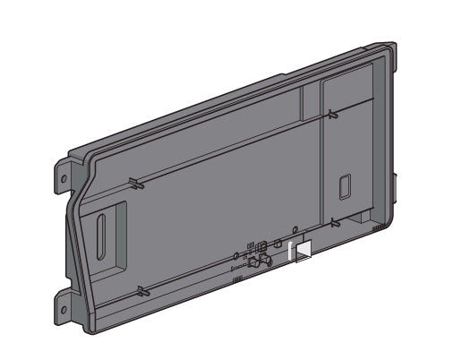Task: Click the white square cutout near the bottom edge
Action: pos(303,252)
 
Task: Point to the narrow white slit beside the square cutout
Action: pos(291,253)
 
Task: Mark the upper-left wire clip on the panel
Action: pos(133,184)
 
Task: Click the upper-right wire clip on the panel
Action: pos(331,114)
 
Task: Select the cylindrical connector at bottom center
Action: pos(262,263)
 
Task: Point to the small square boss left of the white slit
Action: pos(278,243)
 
